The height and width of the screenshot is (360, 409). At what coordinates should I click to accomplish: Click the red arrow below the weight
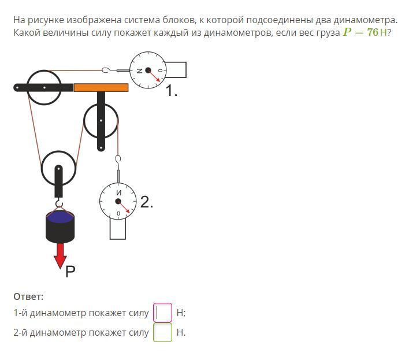60,255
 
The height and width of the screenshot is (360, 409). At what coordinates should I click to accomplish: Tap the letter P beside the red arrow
70,272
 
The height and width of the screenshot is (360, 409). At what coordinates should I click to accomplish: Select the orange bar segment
101,87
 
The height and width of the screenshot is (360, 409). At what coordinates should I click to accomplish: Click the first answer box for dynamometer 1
162,313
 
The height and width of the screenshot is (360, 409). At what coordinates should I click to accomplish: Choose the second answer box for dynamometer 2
162,332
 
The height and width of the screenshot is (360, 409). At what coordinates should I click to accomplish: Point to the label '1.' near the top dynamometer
172,91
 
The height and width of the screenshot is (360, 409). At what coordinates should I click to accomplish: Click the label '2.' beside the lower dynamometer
147,202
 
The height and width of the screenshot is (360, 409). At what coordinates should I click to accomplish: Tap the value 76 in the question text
373,32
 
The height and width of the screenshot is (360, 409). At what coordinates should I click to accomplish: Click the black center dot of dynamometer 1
148,70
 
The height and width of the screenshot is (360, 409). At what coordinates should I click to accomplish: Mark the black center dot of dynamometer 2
118,201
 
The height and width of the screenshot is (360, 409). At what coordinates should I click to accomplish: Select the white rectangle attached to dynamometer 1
176,70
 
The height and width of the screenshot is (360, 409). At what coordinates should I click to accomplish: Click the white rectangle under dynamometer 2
118,228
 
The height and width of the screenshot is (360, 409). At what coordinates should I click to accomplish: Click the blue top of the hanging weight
60,217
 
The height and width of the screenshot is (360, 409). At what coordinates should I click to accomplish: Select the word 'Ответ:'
28,296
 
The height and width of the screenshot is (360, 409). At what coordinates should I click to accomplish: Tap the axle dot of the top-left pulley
44,88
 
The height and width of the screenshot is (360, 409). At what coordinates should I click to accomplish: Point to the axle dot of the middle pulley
101,121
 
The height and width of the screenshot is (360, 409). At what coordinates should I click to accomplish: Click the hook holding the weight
59,203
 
